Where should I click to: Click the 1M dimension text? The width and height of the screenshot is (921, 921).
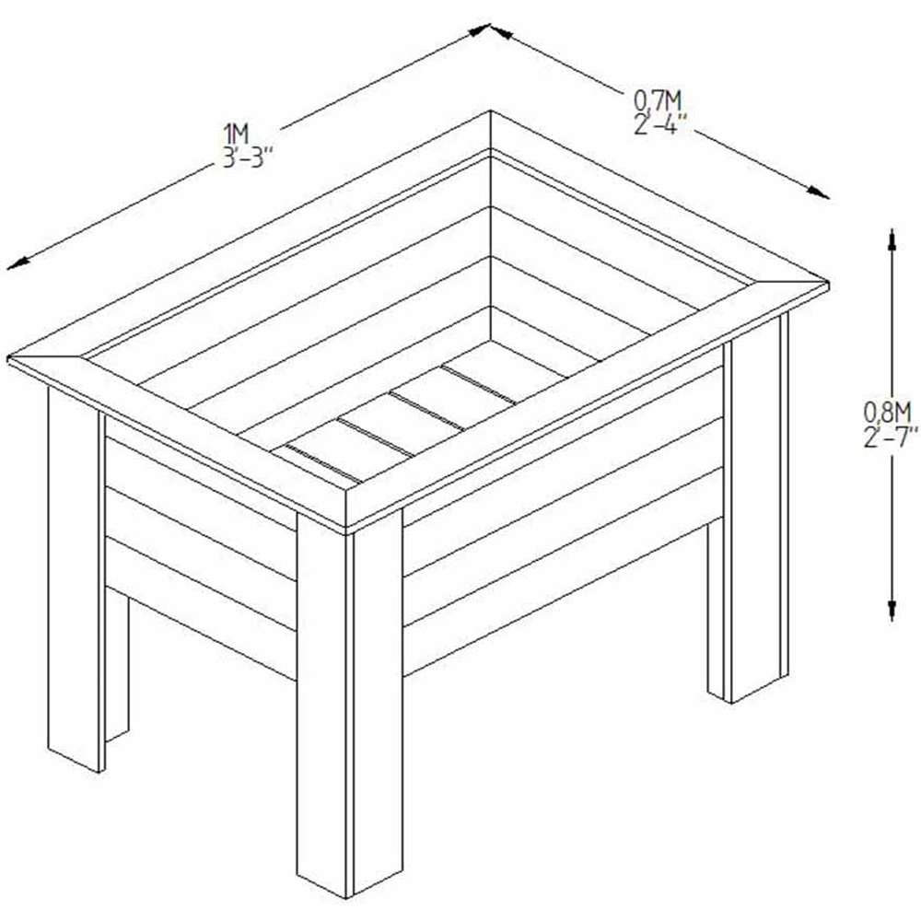[x=237, y=134]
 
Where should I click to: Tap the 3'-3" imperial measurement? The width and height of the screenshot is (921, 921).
[x=248, y=157]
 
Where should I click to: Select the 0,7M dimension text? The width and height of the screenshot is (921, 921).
[x=658, y=101]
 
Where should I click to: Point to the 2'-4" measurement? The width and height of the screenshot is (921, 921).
[x=660, y=124]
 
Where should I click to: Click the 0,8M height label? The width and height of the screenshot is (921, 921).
[x=887, y=413]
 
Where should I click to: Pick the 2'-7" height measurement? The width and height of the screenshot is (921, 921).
[x=891, y=437]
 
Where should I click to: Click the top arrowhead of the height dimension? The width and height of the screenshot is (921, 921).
[x=892, y=239]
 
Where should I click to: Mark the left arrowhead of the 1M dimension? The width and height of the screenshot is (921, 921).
[x=17, y=263]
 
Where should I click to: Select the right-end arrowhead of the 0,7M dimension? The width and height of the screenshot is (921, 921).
[x=818, y=193]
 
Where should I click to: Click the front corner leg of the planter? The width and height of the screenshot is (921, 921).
[x=349, y=705]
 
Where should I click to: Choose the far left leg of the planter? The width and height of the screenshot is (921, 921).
[x=76, y=578]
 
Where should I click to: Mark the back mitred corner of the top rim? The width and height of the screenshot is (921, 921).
[x=491, y=132]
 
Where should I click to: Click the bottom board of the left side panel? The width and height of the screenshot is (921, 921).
[x=201, y=609]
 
